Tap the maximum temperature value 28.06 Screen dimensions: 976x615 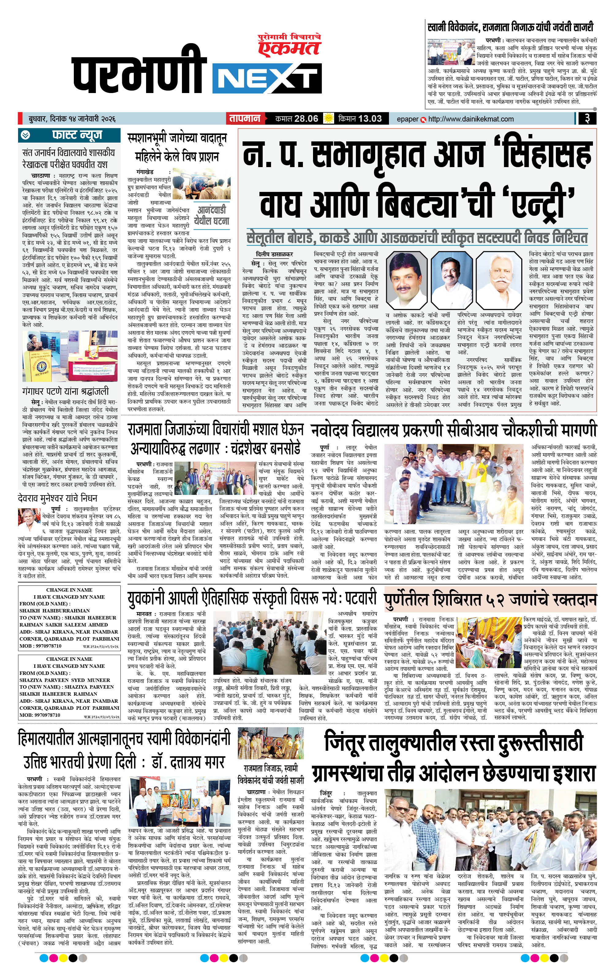pyautogui.click(x=306, y=119)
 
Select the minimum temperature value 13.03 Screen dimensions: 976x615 pyautogui.click(x=370, y=119)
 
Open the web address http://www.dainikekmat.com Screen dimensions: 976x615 pyautogui.click(x=470, y=119)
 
